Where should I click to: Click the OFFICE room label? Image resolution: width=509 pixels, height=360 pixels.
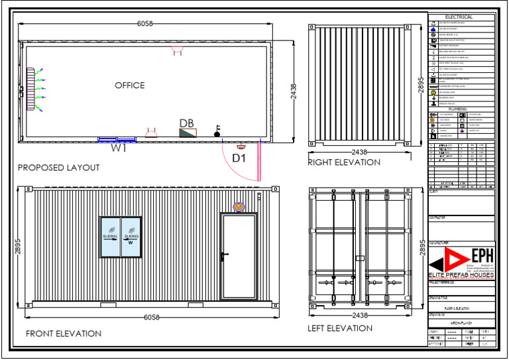[129, 86]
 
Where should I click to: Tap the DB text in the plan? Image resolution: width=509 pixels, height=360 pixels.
[186, 123]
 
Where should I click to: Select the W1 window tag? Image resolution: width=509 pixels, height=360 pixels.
[119, 149]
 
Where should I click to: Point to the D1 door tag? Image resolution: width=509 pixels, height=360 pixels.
[239, 158]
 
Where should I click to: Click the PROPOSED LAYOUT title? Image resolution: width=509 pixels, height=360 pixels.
[58, 168]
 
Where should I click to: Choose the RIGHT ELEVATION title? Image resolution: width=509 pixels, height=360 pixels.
[344, 162]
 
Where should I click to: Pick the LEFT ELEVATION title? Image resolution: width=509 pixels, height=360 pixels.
[340, 328]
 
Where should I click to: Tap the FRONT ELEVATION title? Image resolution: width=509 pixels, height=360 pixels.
[64, 333]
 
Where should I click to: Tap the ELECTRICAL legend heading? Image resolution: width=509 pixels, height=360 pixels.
[459, 17]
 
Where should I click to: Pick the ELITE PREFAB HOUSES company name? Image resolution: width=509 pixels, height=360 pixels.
[461, 274]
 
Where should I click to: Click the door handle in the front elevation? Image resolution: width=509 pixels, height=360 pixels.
[226, 254]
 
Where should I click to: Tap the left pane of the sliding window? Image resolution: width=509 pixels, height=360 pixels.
[110, 237]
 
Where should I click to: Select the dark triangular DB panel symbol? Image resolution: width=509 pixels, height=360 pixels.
[188, 133]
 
